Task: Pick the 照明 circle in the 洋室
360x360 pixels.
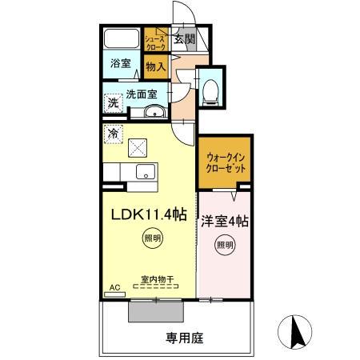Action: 224,245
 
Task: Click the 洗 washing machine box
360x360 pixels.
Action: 114,102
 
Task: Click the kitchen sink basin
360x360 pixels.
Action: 146,170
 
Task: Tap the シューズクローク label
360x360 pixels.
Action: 154,42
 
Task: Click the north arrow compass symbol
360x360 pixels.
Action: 294,331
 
